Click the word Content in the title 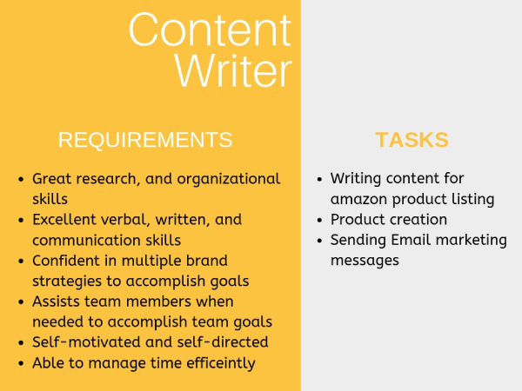pyautogui.click(x=210, y=30)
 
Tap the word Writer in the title pyautogui.click(x=233, y=70)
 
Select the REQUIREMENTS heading pyautogui.click(x=145, y=140)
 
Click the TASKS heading pyautogui.click(x=412, y=140)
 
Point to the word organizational pyautogui.click(x=229, y=179)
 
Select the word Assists pyautogui.click(x=56, y=302)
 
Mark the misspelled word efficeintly pyautogui.click(x=221, y=363)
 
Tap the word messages pyautogui.click(x=365, y=261)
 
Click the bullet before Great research pyautogui.click(x=21, y=180)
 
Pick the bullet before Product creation pyautogui.click(x=320, y=220)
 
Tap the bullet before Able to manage pyautogui.click(x=21, y=363)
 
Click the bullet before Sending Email pyautogui.click(x=320, y=241)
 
